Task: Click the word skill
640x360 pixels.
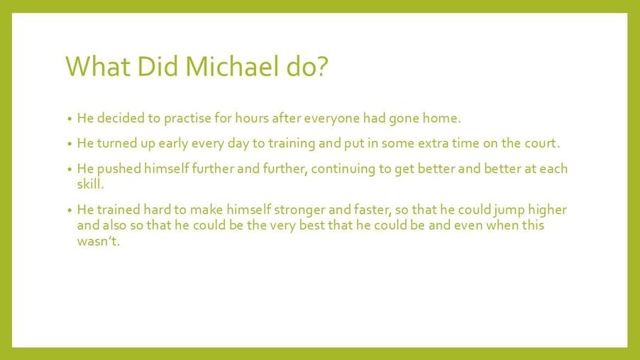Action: (x=90, y=184)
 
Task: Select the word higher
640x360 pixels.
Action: (x=547, y=210)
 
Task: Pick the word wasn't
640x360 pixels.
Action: (x=99, y=241)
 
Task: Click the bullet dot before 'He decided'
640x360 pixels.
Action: (x=69, y=119)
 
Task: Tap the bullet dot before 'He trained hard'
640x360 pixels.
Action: (x=69, y=211)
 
